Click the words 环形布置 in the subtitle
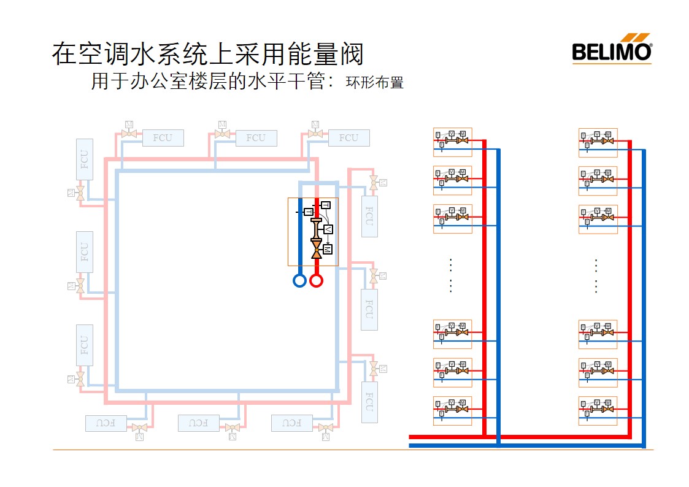click(x=374, y=83)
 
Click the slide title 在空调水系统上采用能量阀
click(x=207, y=54)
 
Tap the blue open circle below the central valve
click(x=299, y=280)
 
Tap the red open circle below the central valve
click(x=316, y=280)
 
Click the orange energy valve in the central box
click(x=316, y=245)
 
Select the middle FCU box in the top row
click(x=256, y=138)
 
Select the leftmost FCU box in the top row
click(x=163, y=138)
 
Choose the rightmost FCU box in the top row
click(x=348, y=138)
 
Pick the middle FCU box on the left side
click(x=85, y=252)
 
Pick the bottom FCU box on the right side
click(x=369, y=402)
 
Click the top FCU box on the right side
click(x=369, y=217)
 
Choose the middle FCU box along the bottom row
click(x=198, y=423)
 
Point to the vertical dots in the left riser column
click(x=450, y=275)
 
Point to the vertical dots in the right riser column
click(x=596, y=275)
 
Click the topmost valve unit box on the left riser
click(x=452, y=142)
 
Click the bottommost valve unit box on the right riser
click(x=598, y=410)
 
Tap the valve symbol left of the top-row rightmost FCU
click(x=315, y=133)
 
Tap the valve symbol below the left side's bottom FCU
click(x=80, y=379)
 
